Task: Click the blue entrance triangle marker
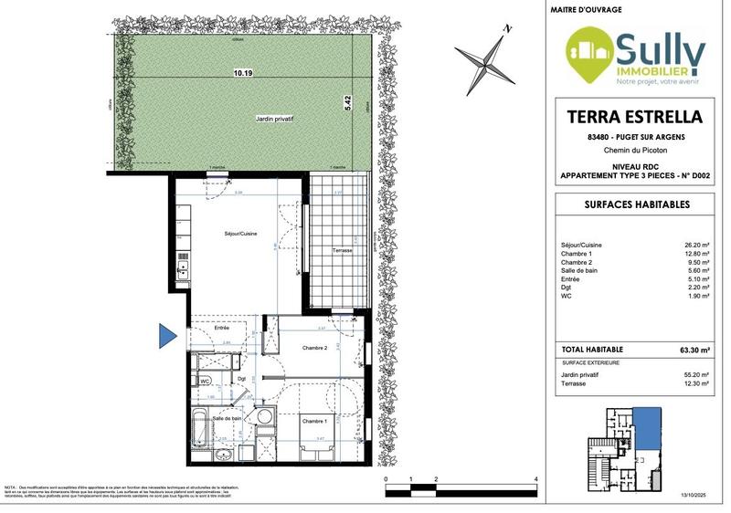click(x=166, y=336)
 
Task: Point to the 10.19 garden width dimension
click(x=241, y=70)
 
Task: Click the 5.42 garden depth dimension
click(x=347, y=104)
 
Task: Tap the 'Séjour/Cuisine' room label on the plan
click(x=241, y=235)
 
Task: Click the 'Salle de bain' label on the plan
click(x=227, y=419)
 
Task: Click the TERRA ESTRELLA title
click(x=636, y=117)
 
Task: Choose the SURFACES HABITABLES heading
click(x=636, y=205)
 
